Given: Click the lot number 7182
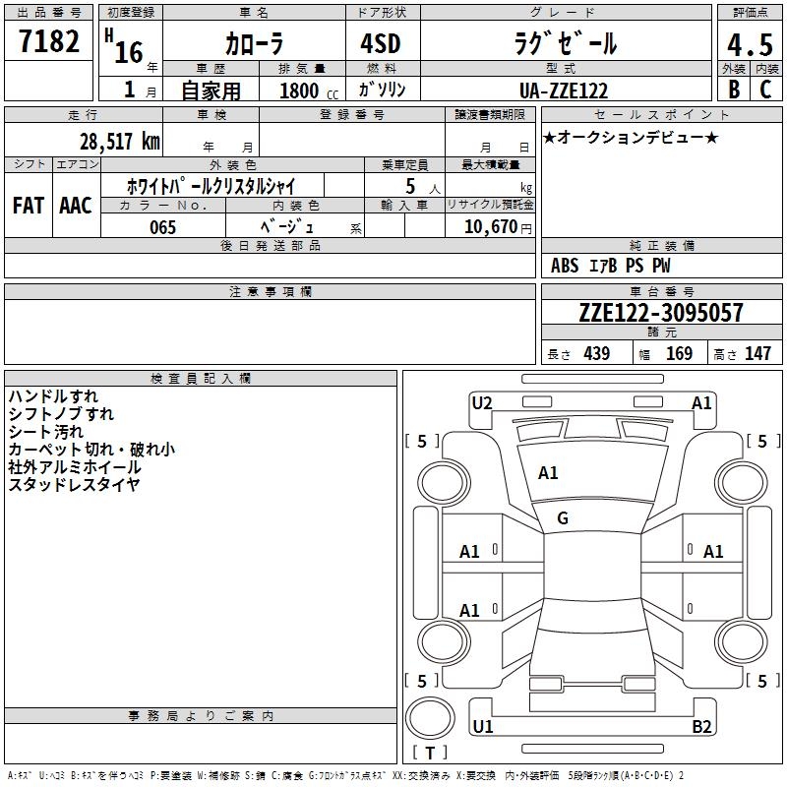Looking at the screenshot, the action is (49, 41).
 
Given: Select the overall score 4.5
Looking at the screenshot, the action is (750, 45).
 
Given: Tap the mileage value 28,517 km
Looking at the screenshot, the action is (120, 142).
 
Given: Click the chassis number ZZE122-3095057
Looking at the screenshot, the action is (661, 312).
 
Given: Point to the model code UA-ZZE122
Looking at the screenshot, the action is (564, 91).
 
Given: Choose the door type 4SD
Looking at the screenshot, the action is (381, 43).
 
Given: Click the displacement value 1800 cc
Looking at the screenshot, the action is (309, 91).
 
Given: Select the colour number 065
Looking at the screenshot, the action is (162, 227).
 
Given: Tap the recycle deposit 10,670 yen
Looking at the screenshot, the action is (498, 227).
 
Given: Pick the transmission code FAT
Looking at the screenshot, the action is (29, 206).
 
